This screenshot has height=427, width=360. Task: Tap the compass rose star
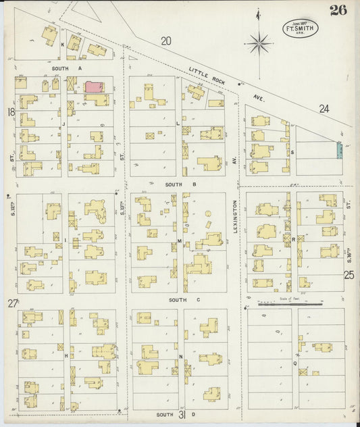[259, 44]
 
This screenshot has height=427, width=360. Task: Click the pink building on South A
[93, 87]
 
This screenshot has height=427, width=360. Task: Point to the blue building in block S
[339, 151]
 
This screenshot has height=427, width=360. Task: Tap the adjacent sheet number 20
[165, 41]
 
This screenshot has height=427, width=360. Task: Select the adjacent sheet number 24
[324, 108]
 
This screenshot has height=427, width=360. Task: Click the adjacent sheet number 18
[10, 111]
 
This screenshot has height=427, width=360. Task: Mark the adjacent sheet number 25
[349, 275]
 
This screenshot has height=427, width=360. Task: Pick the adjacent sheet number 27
[12, 303]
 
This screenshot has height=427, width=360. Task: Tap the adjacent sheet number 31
[182, 415]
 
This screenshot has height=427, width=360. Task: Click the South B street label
[180, 184]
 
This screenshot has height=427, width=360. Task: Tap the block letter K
[63, 45]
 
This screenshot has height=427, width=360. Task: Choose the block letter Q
[295, 363]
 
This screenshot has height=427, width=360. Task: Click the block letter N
[181, 356]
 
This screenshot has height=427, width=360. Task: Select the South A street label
[66, 68]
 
